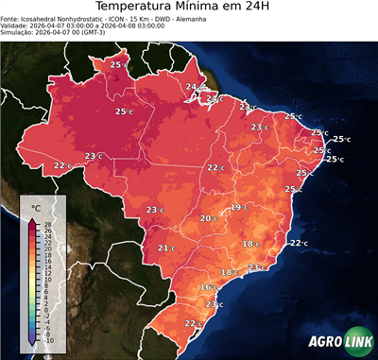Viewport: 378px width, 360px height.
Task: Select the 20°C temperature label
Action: point(208,218)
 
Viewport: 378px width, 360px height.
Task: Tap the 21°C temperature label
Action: point(165,249)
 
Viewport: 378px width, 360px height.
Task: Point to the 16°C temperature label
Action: point(208,286)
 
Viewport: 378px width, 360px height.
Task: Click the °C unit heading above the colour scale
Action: point(36,207)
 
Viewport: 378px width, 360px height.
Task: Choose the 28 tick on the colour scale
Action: point(47,223)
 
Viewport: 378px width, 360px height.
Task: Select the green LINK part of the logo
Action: point(356,342)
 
